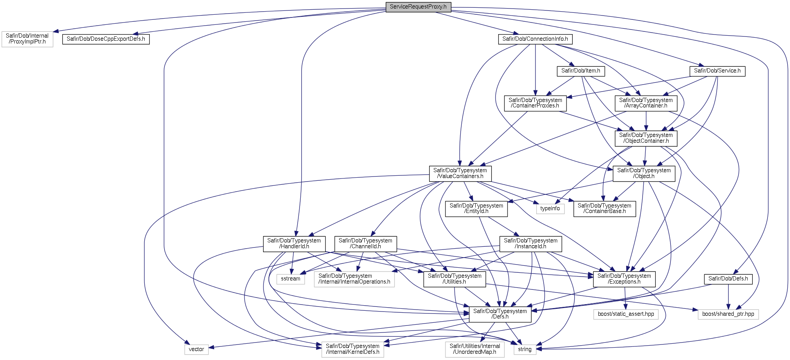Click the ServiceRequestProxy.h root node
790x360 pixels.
coord(418,7)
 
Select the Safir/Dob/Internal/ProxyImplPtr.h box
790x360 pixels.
coord(27,39)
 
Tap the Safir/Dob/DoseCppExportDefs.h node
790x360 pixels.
coord(106,39)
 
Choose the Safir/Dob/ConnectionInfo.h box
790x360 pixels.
coord(535,39)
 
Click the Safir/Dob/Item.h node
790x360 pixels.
coord(580,71)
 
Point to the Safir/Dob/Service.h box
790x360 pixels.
coord(717,71)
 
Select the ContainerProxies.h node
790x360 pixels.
coord(535,103)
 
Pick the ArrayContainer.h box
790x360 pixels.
coord(646,103)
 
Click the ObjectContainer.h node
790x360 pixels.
coord(646,138)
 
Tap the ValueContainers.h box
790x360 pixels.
coord(460,173)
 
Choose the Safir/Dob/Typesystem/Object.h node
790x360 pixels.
coord(644,173)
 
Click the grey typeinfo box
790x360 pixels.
coord(550,208)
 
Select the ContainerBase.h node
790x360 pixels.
coord(604,208)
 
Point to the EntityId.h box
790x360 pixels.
coord(476,208)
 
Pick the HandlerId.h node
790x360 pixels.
coord(294,244)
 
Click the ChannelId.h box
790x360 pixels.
coord(366,244)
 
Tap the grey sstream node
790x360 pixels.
coord(291,279)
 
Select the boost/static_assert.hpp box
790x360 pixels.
coord(625,314)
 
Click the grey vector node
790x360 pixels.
coord(196,349)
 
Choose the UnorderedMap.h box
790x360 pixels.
coord(475,349)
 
